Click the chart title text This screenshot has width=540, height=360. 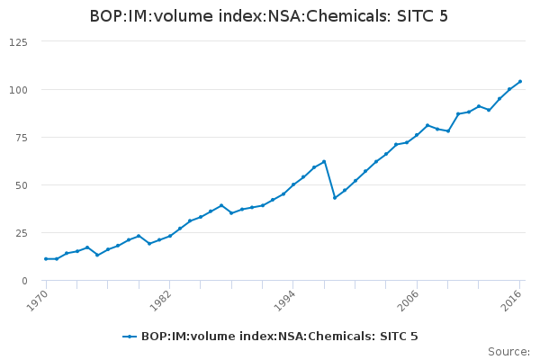click(x=269, y=16)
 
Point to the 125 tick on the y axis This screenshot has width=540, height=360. click(x=18, y=42)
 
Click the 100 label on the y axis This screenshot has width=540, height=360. click(x=18, y=90)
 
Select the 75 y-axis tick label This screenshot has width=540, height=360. click(x=21, y=138)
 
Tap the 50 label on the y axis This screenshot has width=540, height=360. click(x=21, y=185)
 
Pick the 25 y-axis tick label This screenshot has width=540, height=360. click(x=21, y=233)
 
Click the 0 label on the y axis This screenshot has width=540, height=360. click(x=24, y=281)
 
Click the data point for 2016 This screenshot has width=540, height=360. click(x=520, y=82)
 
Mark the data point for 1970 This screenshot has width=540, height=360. click(x=46, y=259)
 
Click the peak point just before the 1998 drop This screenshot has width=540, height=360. click(x=324, y=161)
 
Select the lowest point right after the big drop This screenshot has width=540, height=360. click(x=335, y=198)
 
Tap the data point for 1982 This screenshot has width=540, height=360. click(x=170, y=236)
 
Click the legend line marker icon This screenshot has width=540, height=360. click(x=130, y=337)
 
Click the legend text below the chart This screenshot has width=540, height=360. click(x=279, y=337)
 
